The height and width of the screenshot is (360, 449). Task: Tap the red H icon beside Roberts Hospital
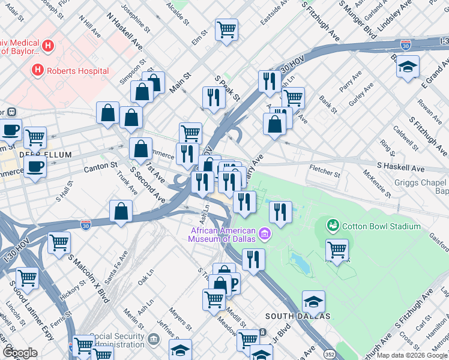point(38,70)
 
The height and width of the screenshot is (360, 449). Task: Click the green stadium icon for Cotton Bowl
point(333,226)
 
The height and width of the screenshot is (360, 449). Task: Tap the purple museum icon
point(264,233)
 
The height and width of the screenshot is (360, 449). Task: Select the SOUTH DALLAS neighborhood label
point(298,316)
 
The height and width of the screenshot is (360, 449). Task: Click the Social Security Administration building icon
point(154,340)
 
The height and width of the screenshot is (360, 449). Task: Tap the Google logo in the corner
point(20,352)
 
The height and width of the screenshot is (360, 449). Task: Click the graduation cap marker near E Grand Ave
point(408,67)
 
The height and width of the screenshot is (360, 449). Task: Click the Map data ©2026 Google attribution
point(412,355)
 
